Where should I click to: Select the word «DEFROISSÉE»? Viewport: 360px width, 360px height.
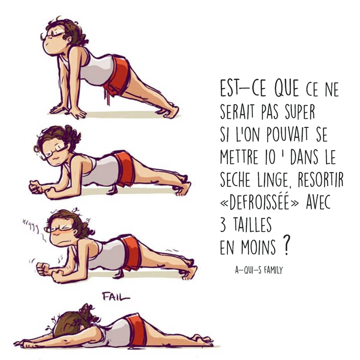pos(259,201)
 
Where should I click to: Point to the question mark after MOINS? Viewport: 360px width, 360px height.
pos(286,245)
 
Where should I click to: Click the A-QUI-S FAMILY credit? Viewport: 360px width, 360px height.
pos(259,270)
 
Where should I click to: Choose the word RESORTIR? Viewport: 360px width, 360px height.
pos(321,179)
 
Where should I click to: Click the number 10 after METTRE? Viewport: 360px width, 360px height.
pos(270,157)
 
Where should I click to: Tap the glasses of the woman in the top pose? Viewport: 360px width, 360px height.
pos(54,35)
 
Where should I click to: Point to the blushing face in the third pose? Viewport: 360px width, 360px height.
pos(62,233)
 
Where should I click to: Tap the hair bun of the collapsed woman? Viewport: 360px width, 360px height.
pos(87,311)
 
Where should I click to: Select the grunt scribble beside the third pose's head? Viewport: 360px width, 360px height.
pos(30,225)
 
